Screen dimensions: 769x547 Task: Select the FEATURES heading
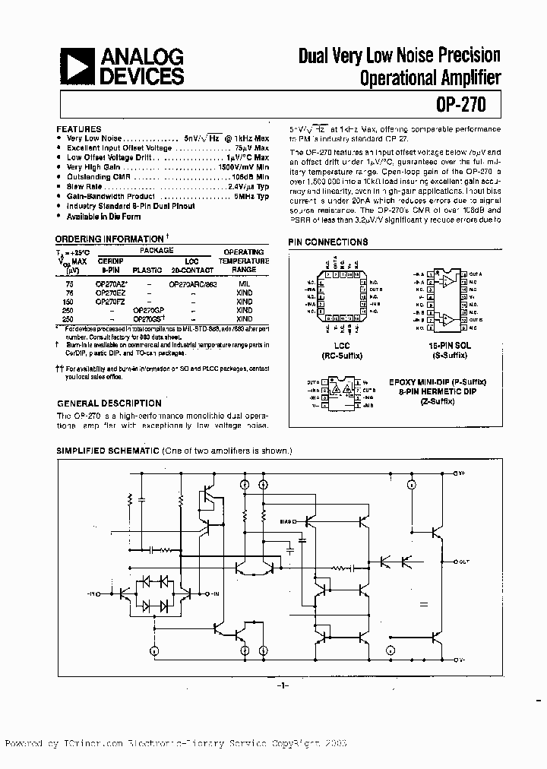[x=78, y=130]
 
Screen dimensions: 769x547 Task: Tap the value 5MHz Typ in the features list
[x=251, y=196]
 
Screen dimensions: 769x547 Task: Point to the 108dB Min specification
[x=250, y=176]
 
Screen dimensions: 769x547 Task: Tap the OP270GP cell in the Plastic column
[x=147, y=310]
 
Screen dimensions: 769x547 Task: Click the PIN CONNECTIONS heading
[x=327, y=242]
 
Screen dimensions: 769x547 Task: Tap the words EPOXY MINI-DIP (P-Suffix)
[x=437, y=382]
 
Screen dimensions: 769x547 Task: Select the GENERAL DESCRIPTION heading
[x=109, y=403]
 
